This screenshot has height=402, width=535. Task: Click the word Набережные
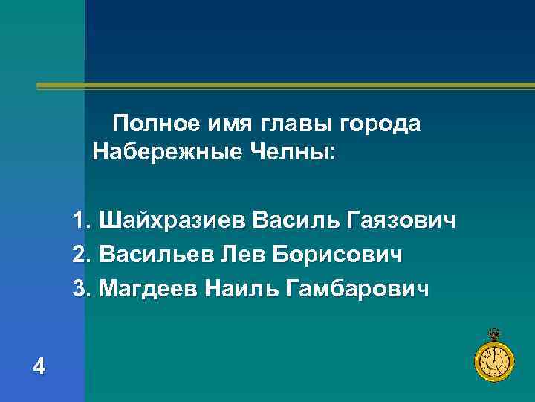(x=165, y=153)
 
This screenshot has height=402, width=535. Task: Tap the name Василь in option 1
(x=295, y=221)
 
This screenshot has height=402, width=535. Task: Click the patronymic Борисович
(x=338, y=255)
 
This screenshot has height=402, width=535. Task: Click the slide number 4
(x=39, y=366)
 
